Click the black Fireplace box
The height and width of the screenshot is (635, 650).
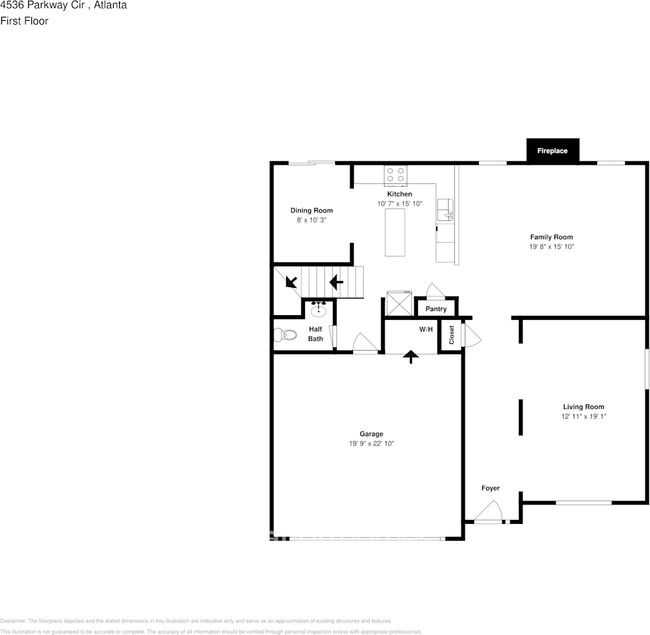(x=552, y=151)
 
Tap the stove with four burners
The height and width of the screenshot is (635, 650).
(x=395, y=175)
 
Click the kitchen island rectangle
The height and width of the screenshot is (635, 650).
(x=395, y=232)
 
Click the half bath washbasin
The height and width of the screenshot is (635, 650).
(x=318, y=310)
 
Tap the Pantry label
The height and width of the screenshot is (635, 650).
(x=436, y=309)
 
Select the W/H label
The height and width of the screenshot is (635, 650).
(x=426, y=330)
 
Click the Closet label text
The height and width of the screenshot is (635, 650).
(x=451, y=335)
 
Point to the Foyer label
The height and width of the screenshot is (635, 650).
(x=491, y=488)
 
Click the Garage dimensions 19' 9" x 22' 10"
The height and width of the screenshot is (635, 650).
(x=372, y=444)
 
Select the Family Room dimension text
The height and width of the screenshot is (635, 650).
(x=552, y=247)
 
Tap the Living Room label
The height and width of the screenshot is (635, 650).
(x=583, y=407)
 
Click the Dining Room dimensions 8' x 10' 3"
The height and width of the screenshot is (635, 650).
(x=312, y=220)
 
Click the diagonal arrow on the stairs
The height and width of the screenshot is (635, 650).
(x=292, y=282)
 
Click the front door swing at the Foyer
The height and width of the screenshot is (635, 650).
(x=488, y=512)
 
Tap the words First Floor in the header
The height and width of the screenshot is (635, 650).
(x=24, y=21)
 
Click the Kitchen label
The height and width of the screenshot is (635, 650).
(x=400, y=194)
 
